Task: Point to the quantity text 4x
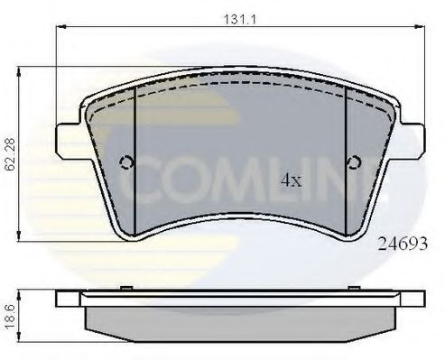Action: point(290,180)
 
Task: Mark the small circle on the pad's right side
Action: point(355,163)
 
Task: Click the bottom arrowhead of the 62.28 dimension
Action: point(23,237)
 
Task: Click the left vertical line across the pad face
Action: point(134,158)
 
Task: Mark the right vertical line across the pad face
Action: point(348,158)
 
